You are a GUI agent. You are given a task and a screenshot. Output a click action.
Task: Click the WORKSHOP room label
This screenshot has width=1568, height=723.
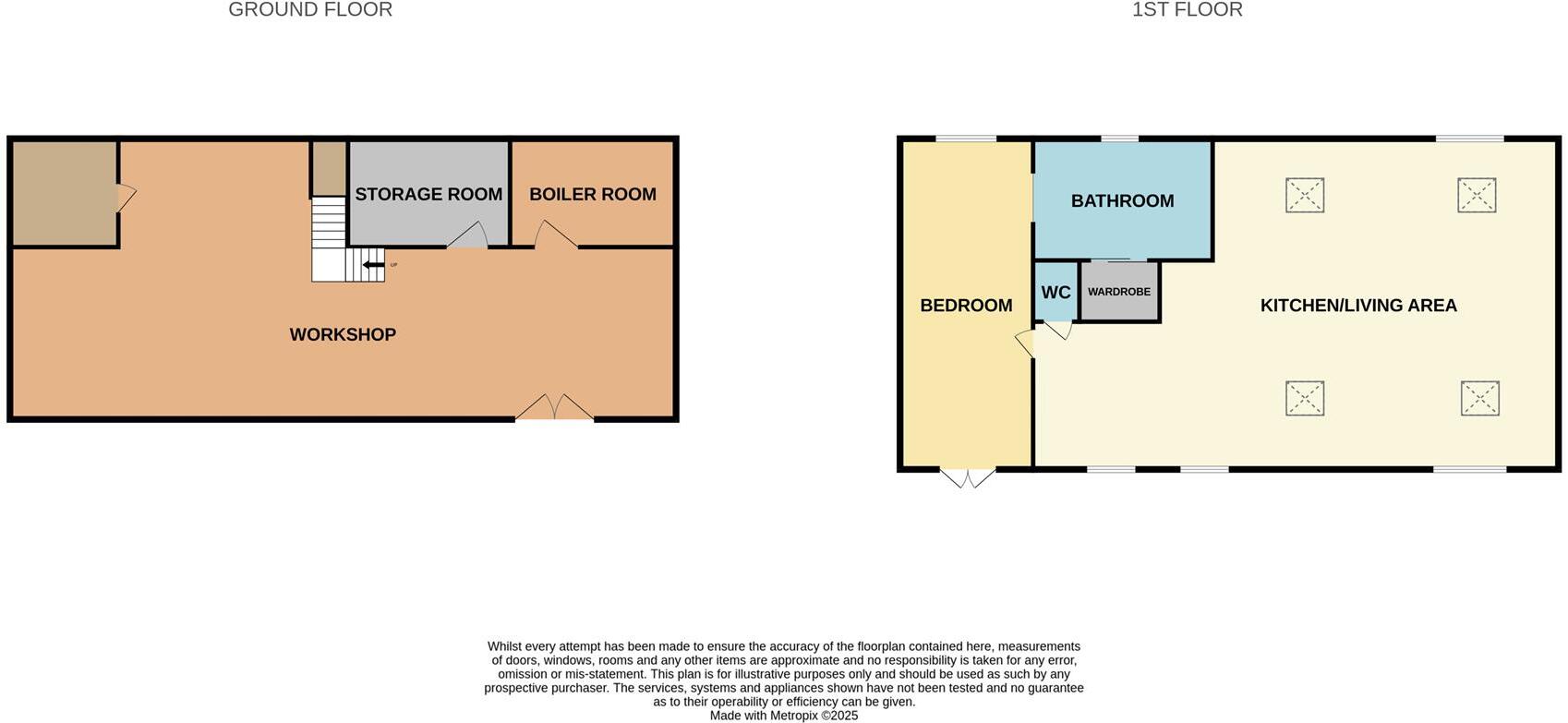[343, 335]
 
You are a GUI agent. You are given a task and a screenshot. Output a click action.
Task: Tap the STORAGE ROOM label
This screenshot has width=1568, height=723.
[428, 195]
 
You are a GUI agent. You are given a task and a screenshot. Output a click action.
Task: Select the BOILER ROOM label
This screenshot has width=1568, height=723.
[593, 195]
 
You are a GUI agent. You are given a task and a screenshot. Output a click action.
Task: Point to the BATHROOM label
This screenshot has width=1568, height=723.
[1122, 201]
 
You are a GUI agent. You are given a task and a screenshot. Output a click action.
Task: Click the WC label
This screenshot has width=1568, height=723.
[1055, 293]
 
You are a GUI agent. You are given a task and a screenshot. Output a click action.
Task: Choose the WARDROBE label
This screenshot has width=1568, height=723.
[1119, 292]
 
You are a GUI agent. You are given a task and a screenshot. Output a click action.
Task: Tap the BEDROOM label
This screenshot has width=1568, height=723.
[966, 306]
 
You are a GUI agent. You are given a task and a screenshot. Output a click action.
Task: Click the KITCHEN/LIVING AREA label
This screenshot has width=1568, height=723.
[1358, 306]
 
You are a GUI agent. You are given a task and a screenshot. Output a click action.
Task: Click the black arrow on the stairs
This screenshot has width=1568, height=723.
[373, 266]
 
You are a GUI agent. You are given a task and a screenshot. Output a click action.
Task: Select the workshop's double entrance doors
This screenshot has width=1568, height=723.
[554, 408]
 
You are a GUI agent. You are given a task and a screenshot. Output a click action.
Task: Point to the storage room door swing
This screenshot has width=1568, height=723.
[468, 236]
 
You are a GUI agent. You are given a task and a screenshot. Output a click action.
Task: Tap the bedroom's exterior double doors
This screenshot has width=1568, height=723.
[967, 477]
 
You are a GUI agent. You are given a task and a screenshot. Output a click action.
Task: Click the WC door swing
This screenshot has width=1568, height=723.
[1058, 329]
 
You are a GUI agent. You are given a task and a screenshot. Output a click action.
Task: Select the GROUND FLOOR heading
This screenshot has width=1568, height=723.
[310, 10]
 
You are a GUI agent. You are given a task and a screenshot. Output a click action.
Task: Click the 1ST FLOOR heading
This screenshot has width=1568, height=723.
[1187, 10]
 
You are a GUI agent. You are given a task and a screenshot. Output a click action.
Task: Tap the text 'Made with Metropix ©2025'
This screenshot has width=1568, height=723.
[784, 716]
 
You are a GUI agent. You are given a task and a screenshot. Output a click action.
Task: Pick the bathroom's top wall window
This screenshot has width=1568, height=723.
[1119, 139]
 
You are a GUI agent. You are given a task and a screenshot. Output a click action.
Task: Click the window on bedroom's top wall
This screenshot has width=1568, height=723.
[966, 139]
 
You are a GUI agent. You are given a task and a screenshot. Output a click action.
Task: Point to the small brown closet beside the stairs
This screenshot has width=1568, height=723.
[329, 168]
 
